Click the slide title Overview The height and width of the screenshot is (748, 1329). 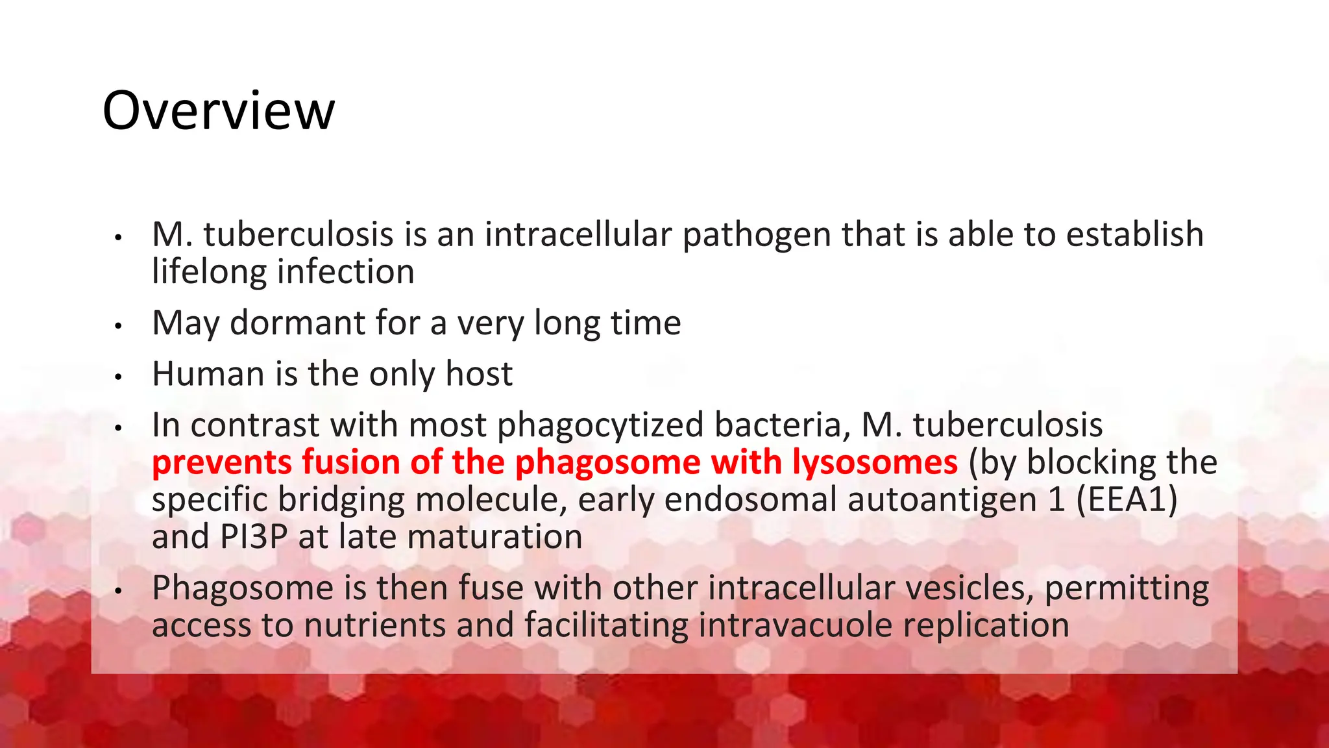coord(219,110)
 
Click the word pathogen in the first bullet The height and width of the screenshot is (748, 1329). coord(756,235)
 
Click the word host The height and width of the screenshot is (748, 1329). coord(479,374)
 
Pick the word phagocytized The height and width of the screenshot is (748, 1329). coord(600,425)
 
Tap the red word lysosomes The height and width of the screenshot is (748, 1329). coord(874,463)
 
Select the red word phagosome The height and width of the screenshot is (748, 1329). coord(607,463)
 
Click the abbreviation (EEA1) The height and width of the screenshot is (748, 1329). coord(1127,500)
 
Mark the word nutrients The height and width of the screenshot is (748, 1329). coord(374,625)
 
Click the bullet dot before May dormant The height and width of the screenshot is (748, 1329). coord(118,326)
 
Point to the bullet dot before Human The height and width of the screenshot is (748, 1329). coord(118,377)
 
